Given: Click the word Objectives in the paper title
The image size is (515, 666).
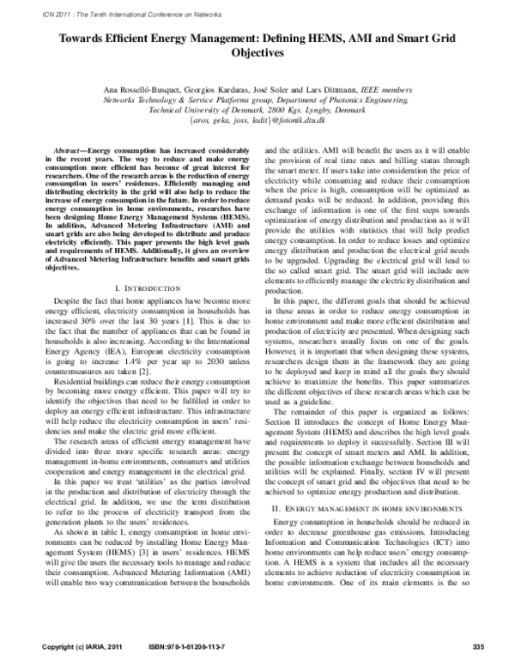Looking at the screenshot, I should click(257, 51).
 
